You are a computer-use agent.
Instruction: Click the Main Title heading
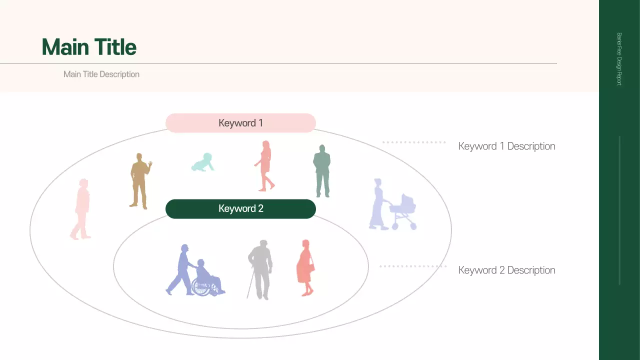pyautogui.click(x=89, y=47)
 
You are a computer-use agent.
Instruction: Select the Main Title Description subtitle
pyautogui.click(x=101, y=74)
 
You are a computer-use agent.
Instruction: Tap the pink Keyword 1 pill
pyautogui.click(x=240, y=123)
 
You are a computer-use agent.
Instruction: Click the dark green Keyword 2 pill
pyautogui.click(x=240, y=209)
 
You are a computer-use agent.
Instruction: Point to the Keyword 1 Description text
pyautogui.click(x=506, y=146)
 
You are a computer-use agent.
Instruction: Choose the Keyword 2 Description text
pyautogui.click(x=506, y=270)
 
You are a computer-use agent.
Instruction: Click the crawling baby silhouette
pyautogui.click(x=202, y=162)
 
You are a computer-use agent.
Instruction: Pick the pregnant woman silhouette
pyautogui.click(x=305, y=267)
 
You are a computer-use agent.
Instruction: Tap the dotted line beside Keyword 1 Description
pyautogui.click(x=414, y=142)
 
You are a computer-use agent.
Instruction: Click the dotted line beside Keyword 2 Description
pyautogui.click(x=412, y=266)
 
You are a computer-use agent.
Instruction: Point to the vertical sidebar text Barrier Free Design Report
pyautogui.click(x=619, y=59)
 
